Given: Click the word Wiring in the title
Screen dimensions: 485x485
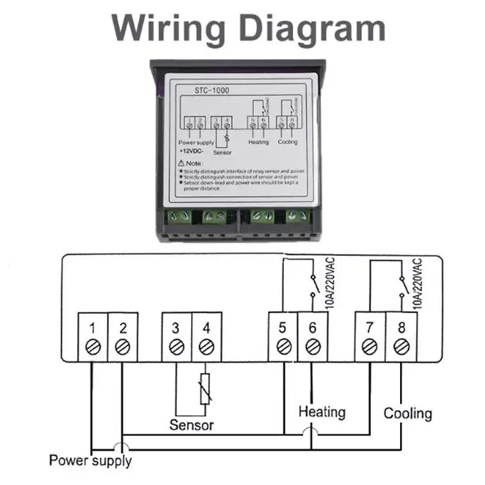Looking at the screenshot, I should [169, 28].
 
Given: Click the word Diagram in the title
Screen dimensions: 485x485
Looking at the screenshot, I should [310, 28].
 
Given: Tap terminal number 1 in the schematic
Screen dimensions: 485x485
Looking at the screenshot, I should [93, 329].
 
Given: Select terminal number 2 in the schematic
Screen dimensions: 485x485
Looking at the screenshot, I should [123, 329].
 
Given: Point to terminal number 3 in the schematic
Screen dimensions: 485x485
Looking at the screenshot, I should [176, 329].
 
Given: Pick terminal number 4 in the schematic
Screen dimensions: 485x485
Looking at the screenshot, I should [206, 329].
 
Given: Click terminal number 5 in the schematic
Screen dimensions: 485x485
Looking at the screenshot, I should [283, 329].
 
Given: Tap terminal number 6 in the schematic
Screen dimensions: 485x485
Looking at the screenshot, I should [312, 329].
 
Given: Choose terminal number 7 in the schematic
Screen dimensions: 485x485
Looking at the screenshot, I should [369, 329].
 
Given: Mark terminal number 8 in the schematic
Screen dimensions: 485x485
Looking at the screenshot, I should [401, 329].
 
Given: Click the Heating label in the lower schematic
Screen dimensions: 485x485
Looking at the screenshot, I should [322, 412].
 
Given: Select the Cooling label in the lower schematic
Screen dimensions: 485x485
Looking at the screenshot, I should [408, 413].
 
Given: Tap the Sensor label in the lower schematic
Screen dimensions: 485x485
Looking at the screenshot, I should [191, 425].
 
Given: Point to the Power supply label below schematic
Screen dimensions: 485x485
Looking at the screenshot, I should [90, 460].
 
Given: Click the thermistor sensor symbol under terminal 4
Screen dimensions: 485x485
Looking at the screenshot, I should [205, 389].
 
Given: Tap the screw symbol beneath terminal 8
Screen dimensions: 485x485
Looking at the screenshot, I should [401, 347].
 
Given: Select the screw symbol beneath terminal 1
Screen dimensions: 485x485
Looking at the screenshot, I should [93, 347].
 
